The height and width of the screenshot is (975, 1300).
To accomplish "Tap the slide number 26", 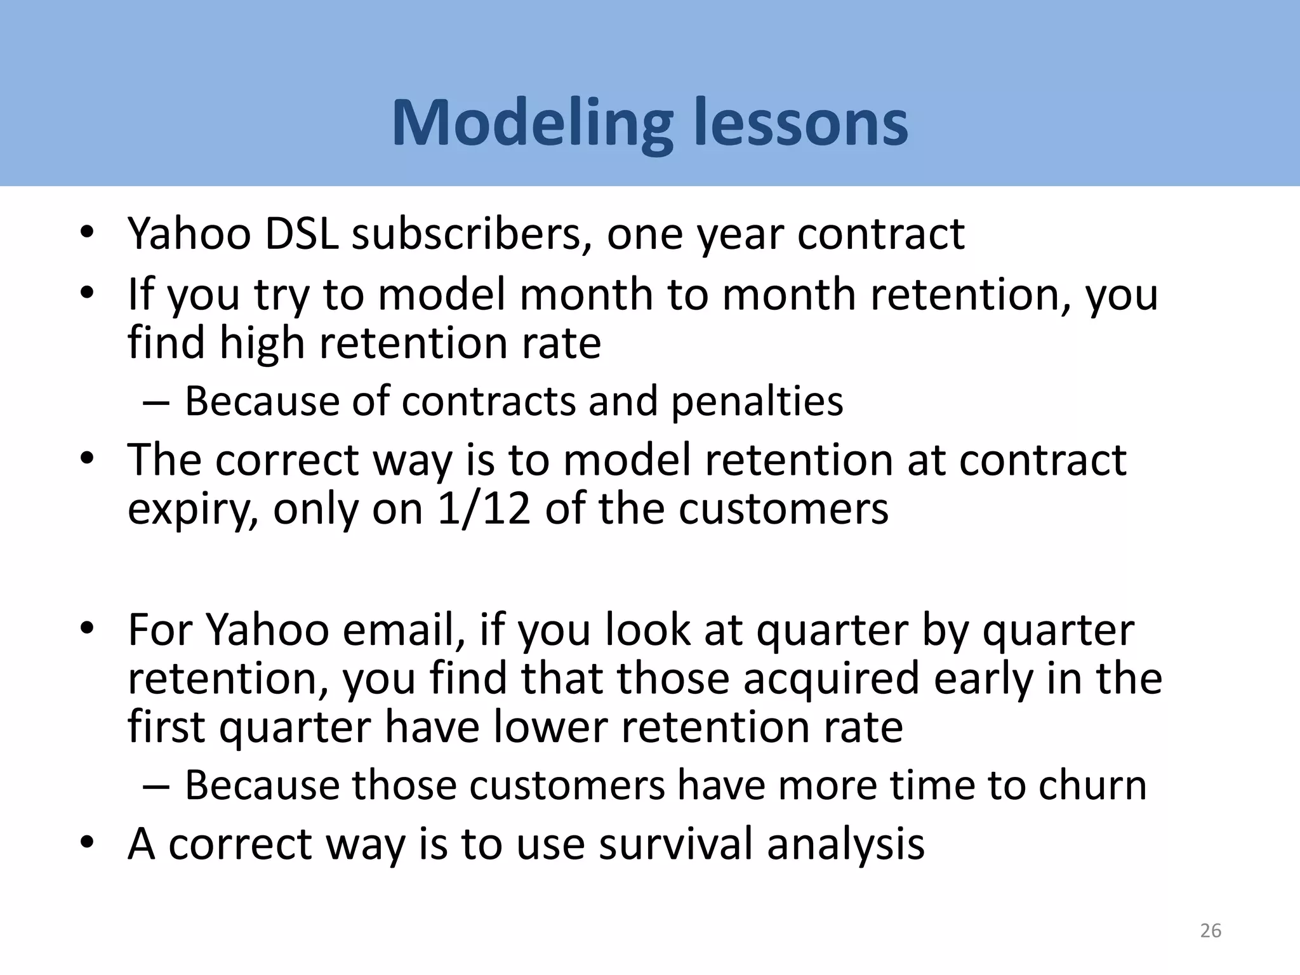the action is coord(1210,931).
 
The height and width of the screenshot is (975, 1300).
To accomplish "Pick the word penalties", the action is coord(757,401).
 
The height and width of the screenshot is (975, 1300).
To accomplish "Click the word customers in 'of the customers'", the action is coord(783,510).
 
